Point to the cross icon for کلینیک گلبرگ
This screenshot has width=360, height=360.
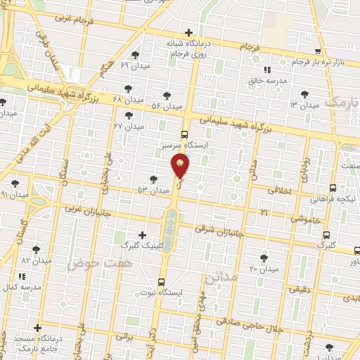(142, 236)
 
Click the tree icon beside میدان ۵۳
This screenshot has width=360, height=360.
(154, 180)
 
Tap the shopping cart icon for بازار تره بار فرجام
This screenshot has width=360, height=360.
(319, 51)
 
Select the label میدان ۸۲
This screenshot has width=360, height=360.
(37, 260)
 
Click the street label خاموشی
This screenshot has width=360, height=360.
(308, 220)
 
